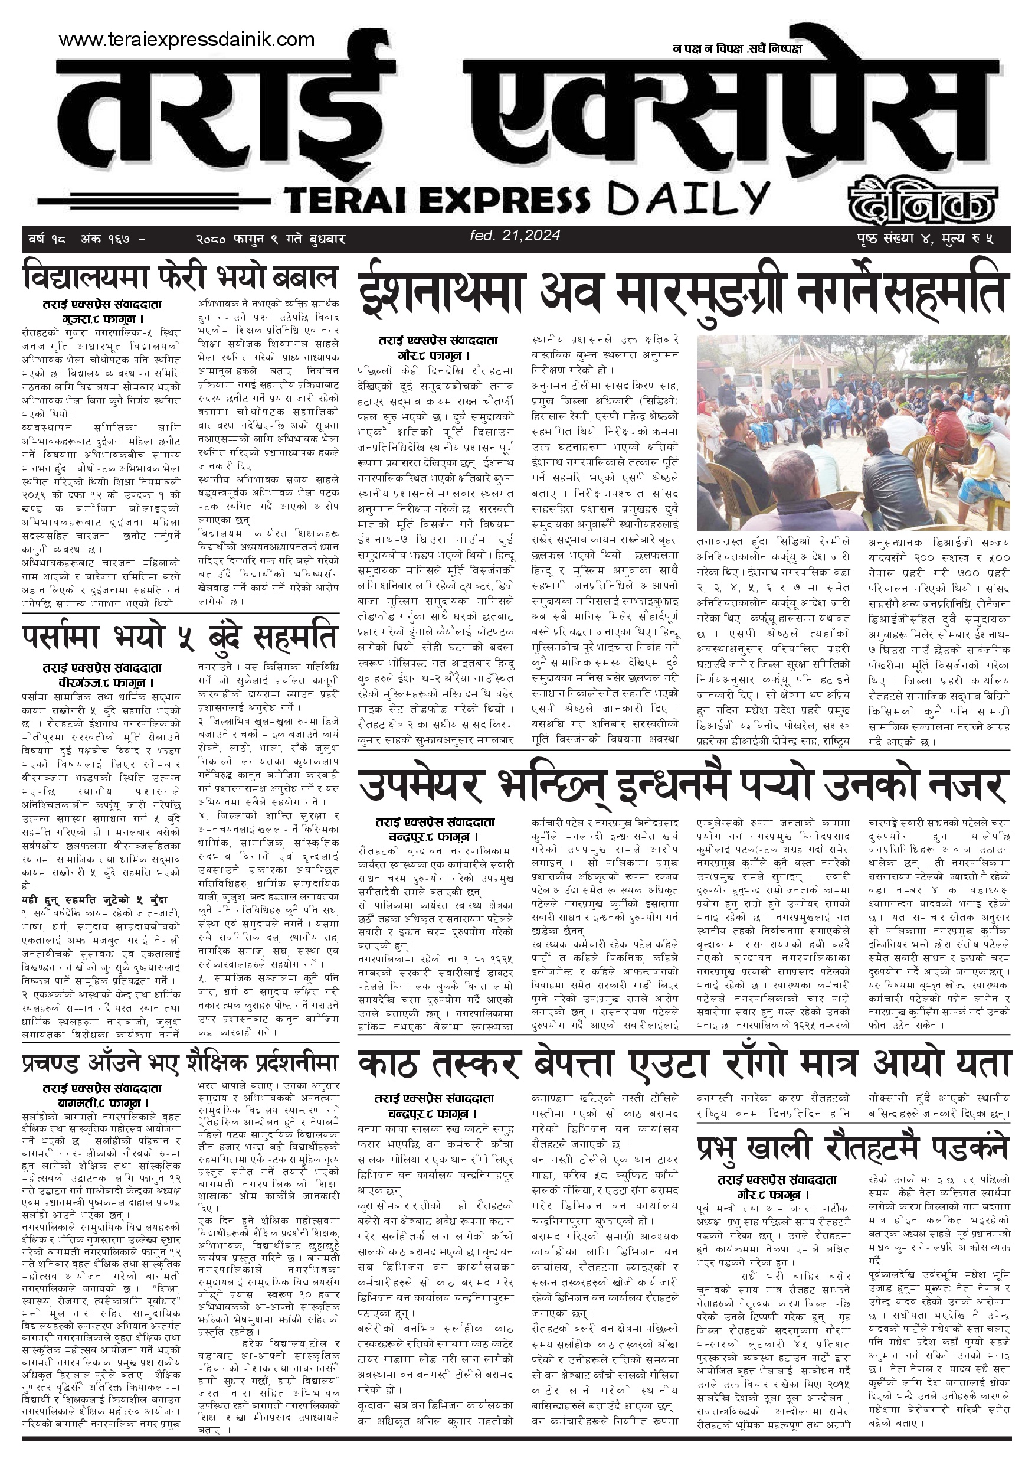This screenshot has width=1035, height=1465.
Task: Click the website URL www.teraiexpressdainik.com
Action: pyautogui.click(x=186, y=40)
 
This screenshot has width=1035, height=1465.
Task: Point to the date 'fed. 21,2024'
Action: pyautogui.click(x=515, y=236)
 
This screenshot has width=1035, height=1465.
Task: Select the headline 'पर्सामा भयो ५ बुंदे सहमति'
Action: pyautogui.click(x=180, y=636)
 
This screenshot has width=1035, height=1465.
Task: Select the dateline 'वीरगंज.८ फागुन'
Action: pyautogui.click(x=102, y=682)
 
